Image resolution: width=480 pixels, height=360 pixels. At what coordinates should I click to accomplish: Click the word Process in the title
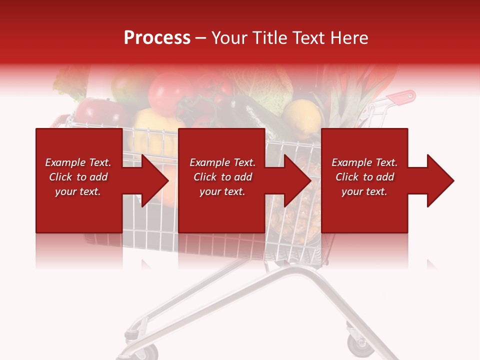[x=157, y=38]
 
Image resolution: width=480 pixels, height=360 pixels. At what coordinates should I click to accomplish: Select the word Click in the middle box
[x=205, y=177]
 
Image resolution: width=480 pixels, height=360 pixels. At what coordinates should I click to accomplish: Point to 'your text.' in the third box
[x=364, y=191]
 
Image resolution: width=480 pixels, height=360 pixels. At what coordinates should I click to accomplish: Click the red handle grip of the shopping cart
[x=403, y=96]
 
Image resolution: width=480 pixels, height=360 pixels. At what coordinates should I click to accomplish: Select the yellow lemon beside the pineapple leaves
[x=302, y=117]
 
